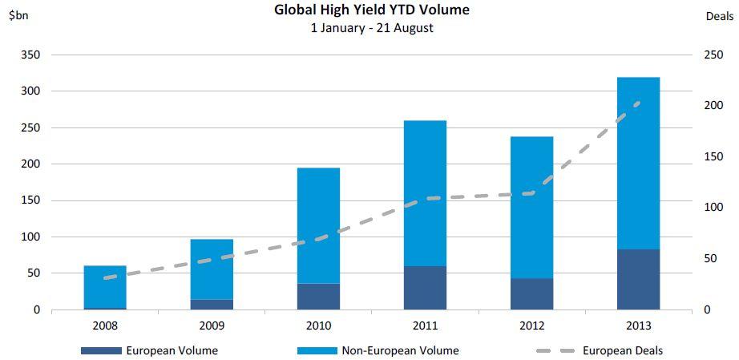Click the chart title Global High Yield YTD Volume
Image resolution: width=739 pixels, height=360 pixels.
(x=372, y=10)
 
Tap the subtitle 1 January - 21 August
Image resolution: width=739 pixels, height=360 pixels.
(x=372, y=28)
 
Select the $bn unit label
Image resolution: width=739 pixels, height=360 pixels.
(x=18, y=15)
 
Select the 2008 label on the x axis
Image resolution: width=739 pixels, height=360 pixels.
(x=105, y=326)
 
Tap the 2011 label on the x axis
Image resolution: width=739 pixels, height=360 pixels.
(x=425, y=326)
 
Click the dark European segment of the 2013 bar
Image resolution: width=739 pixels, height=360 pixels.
(x=638, y=280)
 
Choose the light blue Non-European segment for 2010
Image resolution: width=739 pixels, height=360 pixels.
(x=318, y=225)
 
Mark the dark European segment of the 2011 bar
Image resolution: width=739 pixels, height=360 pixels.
(x=425, y=288)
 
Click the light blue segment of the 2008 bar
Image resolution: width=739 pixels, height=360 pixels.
(x=105, y=286)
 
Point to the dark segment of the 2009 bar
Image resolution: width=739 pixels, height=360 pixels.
(x=212, y=305)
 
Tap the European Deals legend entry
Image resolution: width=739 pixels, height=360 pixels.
(x=622, y=350)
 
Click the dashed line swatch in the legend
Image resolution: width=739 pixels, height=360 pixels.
(x=555, y=350)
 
